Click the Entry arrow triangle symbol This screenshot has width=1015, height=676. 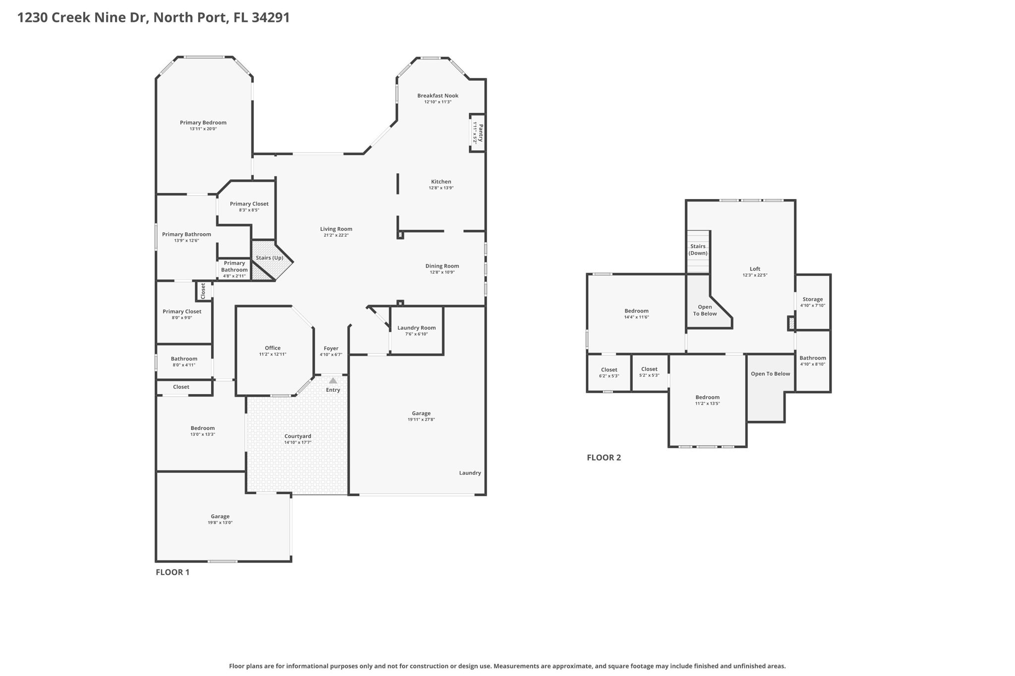(x=333, y=380)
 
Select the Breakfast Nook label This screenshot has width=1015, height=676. (x=438, y=96)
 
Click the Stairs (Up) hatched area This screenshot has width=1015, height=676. (x=269, y=258)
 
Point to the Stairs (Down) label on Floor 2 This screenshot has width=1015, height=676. (x=698, y=250)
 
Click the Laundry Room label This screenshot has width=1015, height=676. (x=416, y=328)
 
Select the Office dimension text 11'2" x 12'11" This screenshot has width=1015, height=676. (x=273, y=354)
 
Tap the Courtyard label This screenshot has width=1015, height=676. (x=298, y=436)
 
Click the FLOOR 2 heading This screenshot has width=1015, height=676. (x=604, y=458)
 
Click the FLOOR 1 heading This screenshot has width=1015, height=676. (x=172, y=572)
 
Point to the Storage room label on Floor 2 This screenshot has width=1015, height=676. (x=812, y=299)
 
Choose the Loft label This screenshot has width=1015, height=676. (x=755, y=269)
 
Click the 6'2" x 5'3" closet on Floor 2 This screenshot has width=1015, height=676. (x=609, y=372)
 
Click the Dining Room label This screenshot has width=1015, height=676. (x=442, y=266)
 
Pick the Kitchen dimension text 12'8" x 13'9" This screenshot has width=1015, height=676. (x=441, y=188)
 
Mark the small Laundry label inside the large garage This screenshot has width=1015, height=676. (x=470, y=473)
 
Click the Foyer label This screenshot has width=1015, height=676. (x=331, y=348)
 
